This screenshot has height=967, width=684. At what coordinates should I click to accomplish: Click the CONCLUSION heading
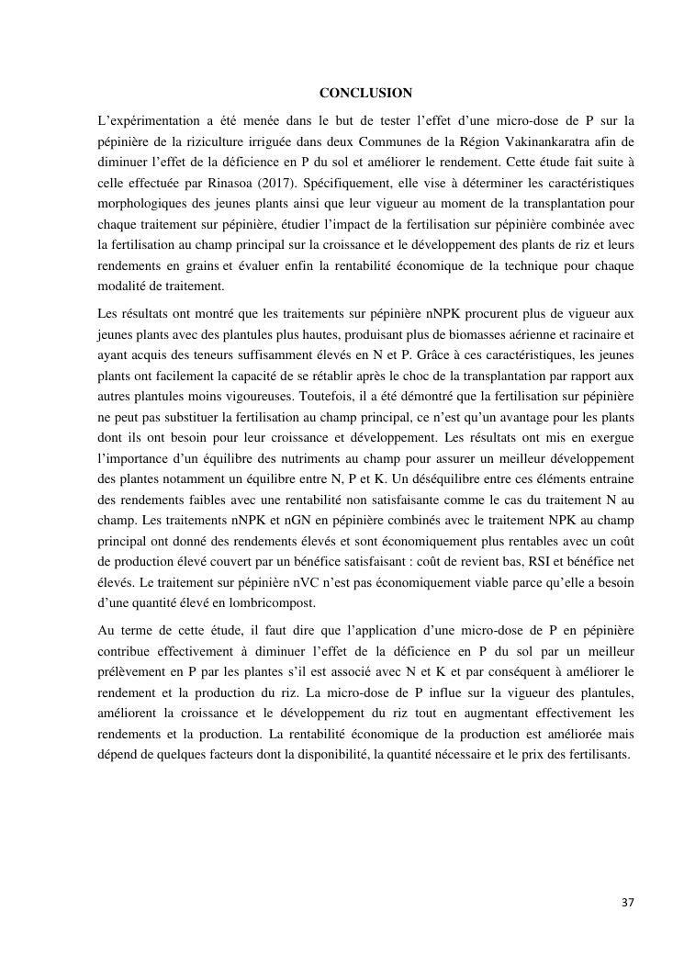365,93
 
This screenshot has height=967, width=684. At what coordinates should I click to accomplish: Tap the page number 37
627,904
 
